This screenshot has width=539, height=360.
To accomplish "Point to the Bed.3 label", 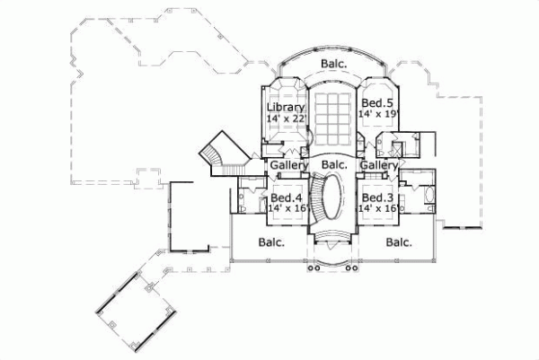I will coord(376,197).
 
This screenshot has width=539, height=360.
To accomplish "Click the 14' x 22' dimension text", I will coord(287,118).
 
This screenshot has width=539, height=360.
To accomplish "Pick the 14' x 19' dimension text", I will coord(376,115).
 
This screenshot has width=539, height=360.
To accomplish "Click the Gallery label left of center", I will coord(288,166).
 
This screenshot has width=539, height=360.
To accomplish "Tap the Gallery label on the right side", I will coord(379,166).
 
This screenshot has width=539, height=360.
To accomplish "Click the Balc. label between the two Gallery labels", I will coord(333,166).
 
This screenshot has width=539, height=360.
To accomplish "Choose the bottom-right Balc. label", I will coord(399,241).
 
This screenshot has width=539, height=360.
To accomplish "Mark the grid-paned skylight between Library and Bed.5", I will coord(332,117).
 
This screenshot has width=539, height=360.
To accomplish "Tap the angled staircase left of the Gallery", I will coord(219,154).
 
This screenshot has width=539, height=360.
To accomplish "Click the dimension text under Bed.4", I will coord(287,208).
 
